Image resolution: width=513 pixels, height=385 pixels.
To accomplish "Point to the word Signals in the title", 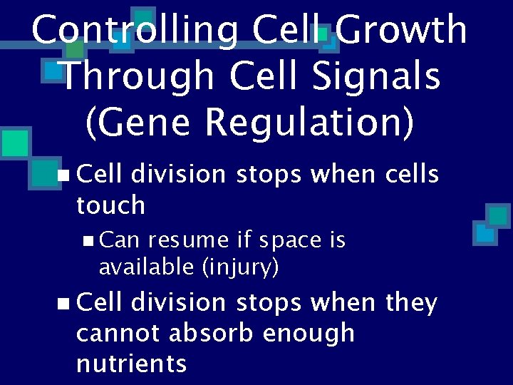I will point(371,76).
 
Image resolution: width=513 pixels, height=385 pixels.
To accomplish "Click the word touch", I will point(110,205).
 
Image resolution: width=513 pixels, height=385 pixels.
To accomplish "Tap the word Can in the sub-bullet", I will point(119,241).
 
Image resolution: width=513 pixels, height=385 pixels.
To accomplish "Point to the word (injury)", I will point(240,268).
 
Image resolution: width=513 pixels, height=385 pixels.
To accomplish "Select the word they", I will point(411,303).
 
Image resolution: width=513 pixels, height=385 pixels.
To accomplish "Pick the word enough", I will point(309,333).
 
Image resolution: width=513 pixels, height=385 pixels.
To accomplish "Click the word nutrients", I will point(131,364).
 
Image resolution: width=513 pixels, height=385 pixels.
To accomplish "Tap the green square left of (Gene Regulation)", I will point(14,142).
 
